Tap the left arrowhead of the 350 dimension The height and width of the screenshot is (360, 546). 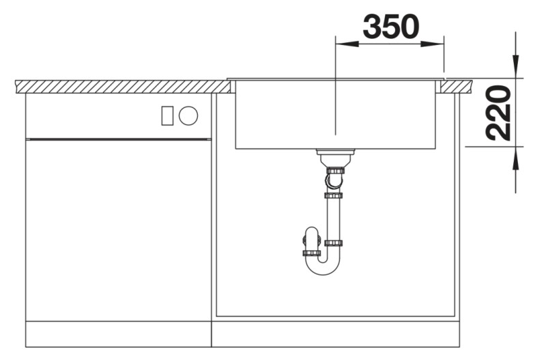[342, 44]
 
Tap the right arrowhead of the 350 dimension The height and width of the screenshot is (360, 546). [437, 44]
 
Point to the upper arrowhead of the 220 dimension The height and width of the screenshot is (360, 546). [515, 69]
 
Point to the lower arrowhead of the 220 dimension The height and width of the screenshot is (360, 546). [515, 155]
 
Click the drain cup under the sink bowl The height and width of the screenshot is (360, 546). [334, 156]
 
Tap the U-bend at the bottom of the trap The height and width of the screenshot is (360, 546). [321, 265]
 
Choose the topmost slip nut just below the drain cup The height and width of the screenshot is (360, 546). [334, 169]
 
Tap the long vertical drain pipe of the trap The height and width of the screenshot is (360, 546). [334, 219]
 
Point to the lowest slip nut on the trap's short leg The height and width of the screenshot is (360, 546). [311, 254]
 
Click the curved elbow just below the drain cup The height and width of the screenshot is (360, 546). [332, 181]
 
